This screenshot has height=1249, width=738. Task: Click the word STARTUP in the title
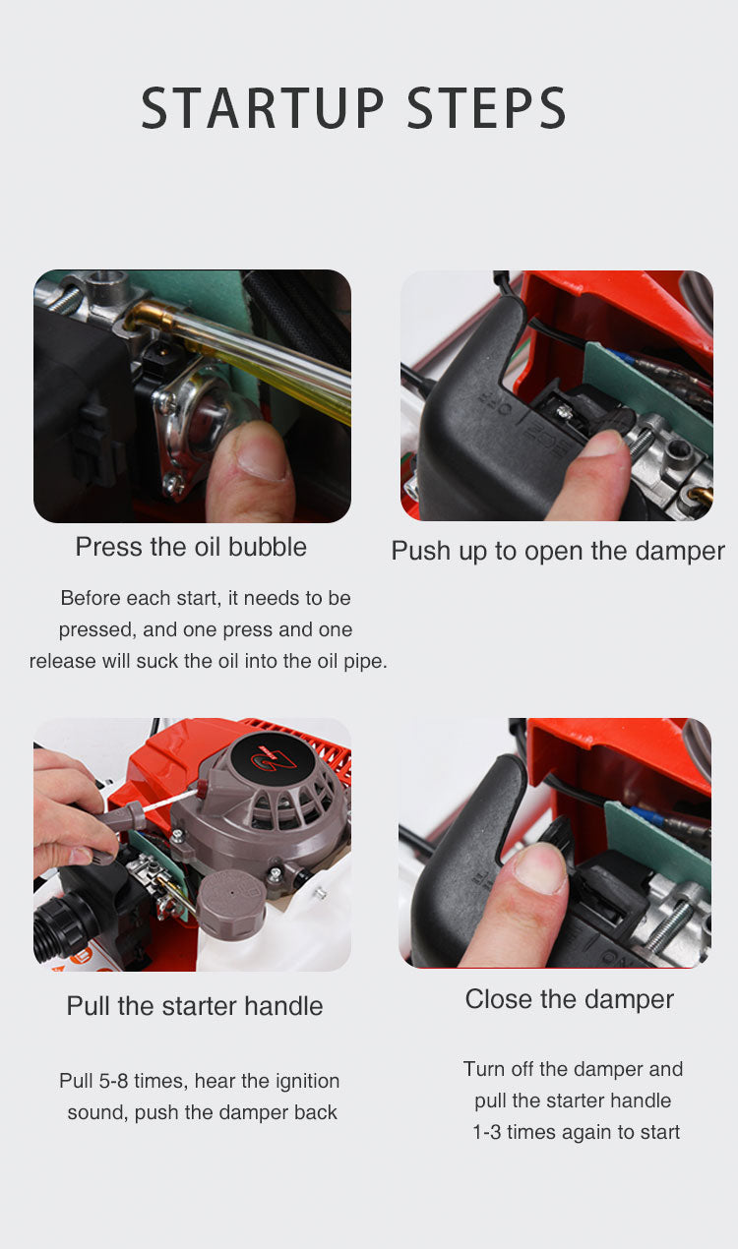[262, 107]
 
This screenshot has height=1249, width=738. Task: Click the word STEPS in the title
[487, 107]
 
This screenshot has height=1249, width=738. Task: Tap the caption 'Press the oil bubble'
[191, 547]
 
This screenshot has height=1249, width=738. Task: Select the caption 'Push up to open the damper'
[558, 552]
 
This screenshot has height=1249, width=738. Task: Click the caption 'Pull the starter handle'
[195, 1006]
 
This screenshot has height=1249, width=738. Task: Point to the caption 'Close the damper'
[570, 999]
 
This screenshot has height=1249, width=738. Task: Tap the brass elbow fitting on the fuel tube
[147, 318]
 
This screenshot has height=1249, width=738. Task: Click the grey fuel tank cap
[230, 904]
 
